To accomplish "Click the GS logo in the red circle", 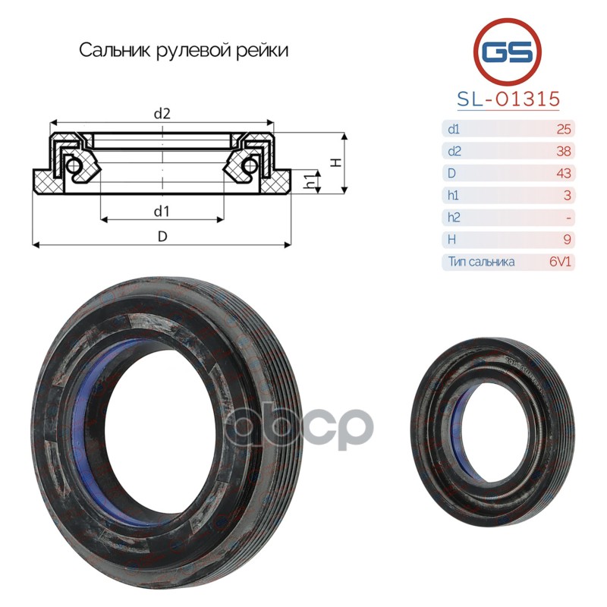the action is coord(508,52).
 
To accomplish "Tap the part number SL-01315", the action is coord(508,99).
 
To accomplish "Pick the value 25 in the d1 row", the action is coord(564,129).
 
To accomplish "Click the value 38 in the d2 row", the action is coord(564,151).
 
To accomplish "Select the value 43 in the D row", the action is coord(564,173).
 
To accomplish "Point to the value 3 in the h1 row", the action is coord(567,195).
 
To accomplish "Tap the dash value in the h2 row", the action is coord(568,218).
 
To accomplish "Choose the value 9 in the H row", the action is coord(567,239).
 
